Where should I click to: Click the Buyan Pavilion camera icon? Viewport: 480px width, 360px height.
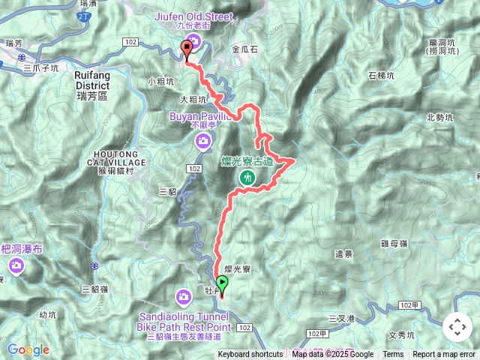tap(202, 141)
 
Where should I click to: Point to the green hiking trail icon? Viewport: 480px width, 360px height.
tap(247, 178)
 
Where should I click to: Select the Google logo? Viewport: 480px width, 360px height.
tap(28, 349)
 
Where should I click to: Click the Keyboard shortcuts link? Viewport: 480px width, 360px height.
tap(250, 355)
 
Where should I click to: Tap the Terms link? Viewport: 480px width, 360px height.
tap(393, 355)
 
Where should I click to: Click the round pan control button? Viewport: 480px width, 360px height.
tap(457, 327)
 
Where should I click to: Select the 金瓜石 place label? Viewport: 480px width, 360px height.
tap(245, 49)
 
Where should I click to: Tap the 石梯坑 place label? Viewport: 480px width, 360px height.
tap(382, 76)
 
